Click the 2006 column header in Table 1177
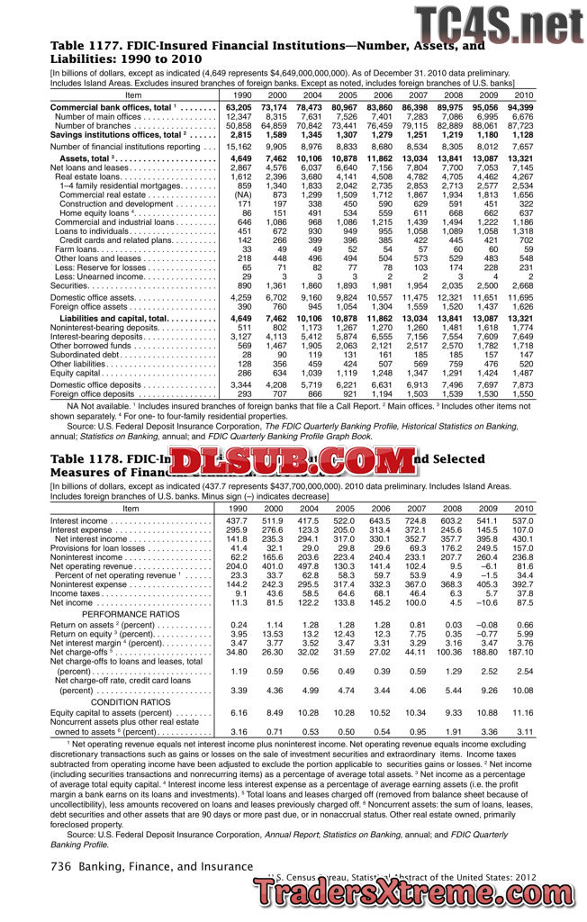(383, 95)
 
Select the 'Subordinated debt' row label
(83, 354)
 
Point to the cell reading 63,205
(238, 107)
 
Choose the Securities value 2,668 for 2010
(522, 285)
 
